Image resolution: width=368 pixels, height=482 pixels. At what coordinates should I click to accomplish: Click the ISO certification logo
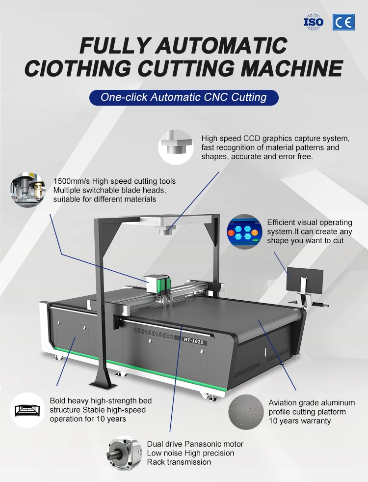coord(314,22)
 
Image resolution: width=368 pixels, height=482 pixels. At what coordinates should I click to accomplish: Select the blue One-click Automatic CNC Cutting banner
coord(184,97)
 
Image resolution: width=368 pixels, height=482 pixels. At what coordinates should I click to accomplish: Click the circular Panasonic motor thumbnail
coord(125,452)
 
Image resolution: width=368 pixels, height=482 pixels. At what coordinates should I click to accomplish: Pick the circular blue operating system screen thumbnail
coord(244,231)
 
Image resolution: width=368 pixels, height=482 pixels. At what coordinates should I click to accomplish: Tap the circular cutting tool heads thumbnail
coord(27,190)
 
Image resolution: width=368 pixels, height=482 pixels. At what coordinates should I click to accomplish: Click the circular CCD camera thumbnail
coord(175,146)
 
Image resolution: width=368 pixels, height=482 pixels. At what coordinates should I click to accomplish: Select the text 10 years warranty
coord(299,421)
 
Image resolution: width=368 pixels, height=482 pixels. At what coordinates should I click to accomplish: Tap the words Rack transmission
coord(179,462)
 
